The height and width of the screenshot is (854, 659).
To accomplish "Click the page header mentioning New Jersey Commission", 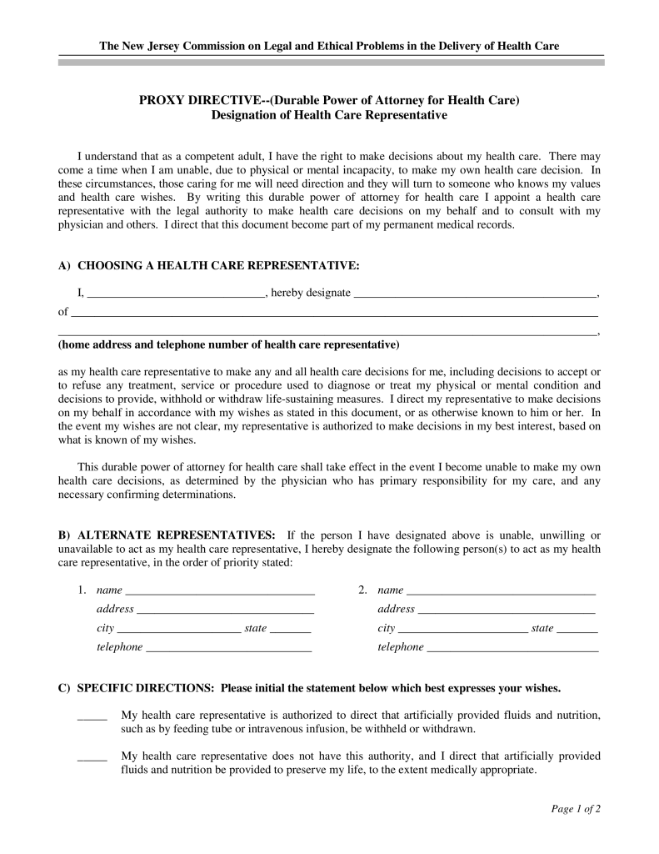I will click(x=329, y=45).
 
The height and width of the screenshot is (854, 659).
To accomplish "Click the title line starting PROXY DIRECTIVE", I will click(x=329, y=101).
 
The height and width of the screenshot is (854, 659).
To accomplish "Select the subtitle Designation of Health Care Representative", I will click(x=329, y=116).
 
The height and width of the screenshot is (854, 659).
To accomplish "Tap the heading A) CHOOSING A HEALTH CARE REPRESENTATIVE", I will click(x=209, y=265).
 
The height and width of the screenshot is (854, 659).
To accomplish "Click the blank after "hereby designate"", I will click(x=475, y=295).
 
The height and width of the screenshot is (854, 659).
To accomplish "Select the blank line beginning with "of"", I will click(x=334, y=314).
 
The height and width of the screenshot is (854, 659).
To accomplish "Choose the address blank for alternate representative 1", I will click(x=225, y=610).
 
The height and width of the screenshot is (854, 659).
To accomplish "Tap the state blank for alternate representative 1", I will click(x=291, y=630).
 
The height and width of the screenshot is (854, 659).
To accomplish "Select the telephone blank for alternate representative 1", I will click(x=228, y=648).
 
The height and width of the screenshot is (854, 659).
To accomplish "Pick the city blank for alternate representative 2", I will click(x=462, y=630).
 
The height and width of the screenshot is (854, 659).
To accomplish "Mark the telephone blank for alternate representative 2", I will click(x=512, y=648).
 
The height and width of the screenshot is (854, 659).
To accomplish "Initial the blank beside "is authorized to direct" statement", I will click(x=92, y=717).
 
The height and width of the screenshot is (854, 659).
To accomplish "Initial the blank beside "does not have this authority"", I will click(x=92, y=758).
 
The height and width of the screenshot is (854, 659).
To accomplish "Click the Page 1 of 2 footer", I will click(x=576, y=809).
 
